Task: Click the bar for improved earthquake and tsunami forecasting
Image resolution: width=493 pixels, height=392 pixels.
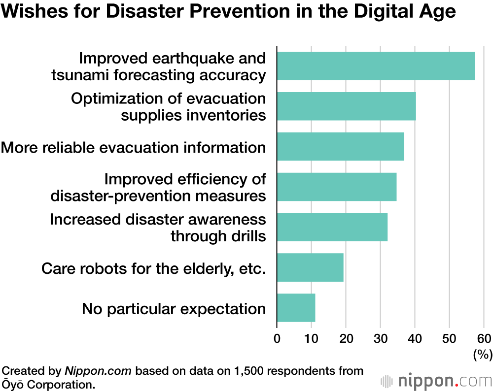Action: (x=376, y=66)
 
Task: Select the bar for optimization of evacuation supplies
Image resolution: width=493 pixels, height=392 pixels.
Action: (x=346, y=106)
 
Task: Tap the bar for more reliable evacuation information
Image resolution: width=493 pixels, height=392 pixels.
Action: (x=340, y=146)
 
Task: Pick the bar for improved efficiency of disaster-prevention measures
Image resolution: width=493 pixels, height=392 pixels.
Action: (x=336, y=187)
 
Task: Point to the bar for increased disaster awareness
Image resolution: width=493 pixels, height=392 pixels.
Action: (x=332, y=227)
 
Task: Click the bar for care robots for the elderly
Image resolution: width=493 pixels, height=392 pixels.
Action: (x=310, y=267)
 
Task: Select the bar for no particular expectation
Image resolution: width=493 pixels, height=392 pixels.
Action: (x=296, y=308)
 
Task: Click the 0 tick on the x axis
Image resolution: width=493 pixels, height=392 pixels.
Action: (x=277, y=339)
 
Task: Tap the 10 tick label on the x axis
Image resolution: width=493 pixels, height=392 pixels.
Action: (x=311, y=339)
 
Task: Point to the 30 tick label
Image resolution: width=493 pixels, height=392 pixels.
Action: (x=380, y=339)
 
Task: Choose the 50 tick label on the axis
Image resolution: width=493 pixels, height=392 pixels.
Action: (x=449, y=339)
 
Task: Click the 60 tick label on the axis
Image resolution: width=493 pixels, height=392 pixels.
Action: (x=483, y=339)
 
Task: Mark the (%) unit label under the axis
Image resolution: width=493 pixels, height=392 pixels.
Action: (x=482, y=354)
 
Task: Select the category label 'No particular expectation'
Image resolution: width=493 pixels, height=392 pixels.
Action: (x=174, y=309)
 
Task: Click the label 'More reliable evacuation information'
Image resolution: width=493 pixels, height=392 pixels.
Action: (x=134, y=147)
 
